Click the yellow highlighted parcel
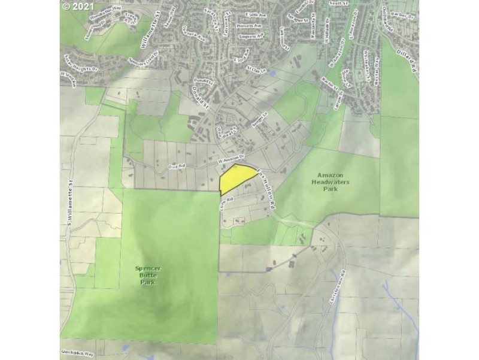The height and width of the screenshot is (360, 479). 236,179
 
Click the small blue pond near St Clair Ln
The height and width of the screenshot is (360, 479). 273,73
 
